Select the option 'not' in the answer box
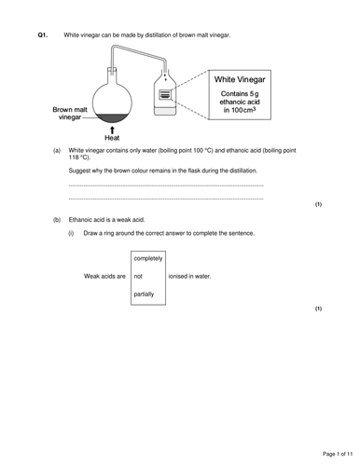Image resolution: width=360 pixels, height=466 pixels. (138, 276)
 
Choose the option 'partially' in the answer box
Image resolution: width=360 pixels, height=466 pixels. (145, 294)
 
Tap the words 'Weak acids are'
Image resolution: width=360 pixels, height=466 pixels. (104, 276)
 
